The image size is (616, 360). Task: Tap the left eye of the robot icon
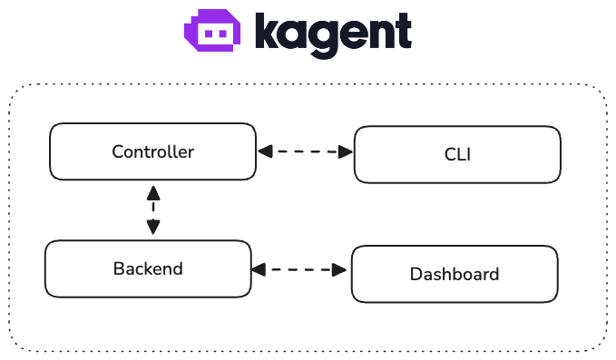point(208,33)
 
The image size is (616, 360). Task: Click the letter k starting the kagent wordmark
point(265,32)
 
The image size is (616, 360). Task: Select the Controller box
point(152,152)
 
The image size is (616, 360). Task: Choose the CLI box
point(457,155)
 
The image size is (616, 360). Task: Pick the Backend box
point(148,268)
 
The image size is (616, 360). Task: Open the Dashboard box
point(455,274)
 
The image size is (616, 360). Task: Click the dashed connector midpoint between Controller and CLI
point(305,152)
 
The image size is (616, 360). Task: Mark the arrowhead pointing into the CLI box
point(346,152)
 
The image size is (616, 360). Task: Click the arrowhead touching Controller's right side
point(264,152)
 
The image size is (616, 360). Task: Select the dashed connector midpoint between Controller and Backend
point(153,210)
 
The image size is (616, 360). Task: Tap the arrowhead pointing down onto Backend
point(153,229)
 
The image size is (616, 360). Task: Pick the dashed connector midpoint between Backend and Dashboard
point(300,269)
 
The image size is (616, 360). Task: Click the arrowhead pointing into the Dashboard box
point(342,269)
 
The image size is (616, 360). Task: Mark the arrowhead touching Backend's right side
point(259,269)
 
